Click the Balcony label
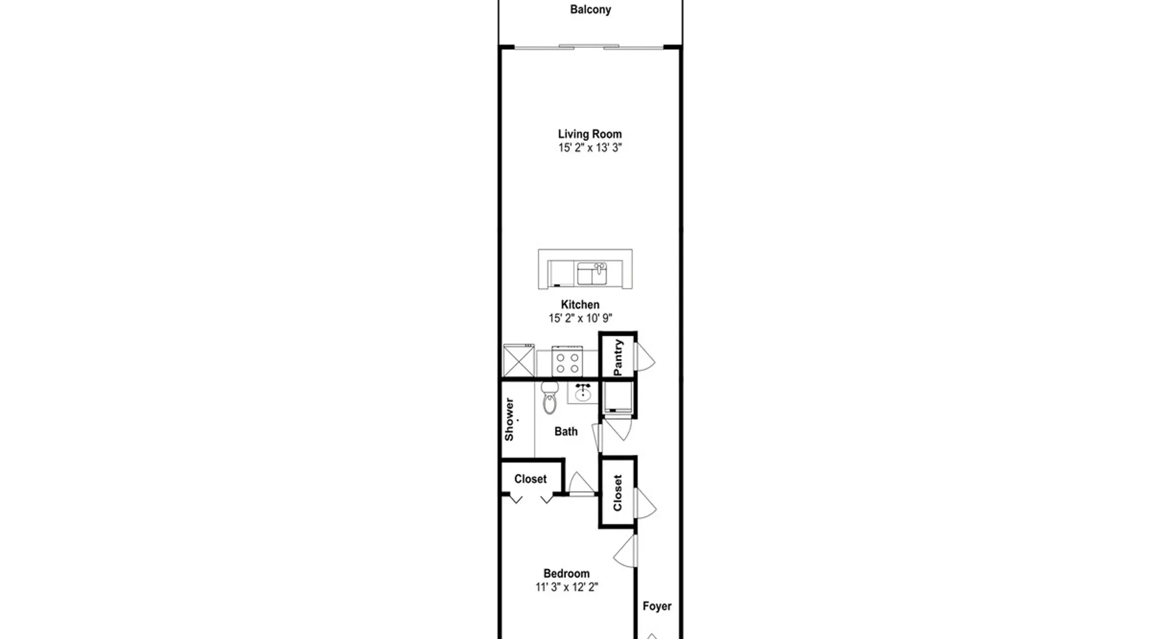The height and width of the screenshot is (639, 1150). click(590, 10)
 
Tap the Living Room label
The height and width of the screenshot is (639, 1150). click(590, 134)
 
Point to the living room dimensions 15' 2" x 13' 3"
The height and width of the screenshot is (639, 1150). click(590, 148)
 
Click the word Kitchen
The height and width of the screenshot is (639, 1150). click(580, 305)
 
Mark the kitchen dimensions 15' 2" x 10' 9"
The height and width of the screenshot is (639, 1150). click(580, 318)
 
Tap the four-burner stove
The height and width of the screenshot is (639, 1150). click(567, 362)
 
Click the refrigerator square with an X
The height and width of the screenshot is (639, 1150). click(519, 360)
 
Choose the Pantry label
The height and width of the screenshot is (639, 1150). click(618, 357)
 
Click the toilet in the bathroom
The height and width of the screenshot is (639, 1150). click(549, 397)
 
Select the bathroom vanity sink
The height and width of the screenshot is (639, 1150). click(583, 393)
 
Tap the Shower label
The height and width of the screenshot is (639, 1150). click(509, 419)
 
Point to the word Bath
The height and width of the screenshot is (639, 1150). click(566, 432)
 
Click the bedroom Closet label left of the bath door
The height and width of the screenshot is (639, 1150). click(530, 479)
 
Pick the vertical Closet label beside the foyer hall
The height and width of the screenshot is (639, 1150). click(617, 493)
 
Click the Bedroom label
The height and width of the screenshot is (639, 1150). click(567, 574)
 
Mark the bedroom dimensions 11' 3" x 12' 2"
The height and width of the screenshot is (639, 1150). click(567, 587)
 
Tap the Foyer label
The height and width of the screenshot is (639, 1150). click(657, 606)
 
